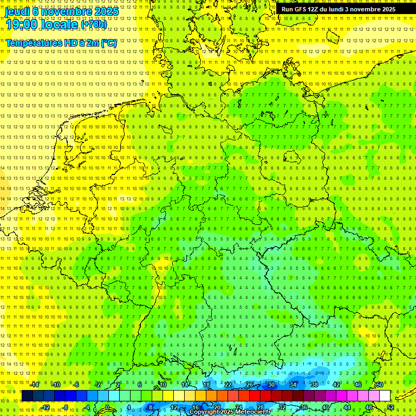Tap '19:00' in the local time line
22,24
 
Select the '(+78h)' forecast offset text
94,24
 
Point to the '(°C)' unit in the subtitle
109,43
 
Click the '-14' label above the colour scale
34,385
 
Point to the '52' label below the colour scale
391,407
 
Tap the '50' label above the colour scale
380,385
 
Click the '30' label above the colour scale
271,385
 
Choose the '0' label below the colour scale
107,407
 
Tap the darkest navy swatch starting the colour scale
27,396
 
